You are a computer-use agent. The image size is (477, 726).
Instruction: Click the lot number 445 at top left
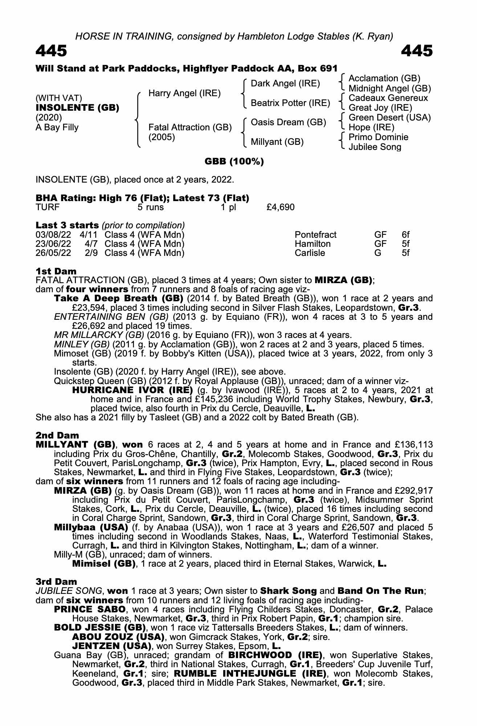51,51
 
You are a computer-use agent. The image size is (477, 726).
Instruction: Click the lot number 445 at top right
417,51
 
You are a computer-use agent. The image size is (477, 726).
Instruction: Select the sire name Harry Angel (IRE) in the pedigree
184,93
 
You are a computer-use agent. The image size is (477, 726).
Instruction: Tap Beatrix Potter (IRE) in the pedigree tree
290,103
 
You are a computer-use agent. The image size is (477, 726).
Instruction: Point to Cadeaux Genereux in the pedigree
388,98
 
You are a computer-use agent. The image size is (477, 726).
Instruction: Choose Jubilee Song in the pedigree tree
375,147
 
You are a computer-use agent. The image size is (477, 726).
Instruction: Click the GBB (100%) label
234,162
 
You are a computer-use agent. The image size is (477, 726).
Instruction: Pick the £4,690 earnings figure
280,207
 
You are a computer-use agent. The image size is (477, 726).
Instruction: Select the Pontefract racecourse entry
315,235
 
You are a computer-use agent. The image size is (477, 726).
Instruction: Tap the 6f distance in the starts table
405,235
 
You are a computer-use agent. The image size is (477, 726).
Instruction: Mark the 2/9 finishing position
91,253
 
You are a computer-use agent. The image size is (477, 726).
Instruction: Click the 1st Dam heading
56,271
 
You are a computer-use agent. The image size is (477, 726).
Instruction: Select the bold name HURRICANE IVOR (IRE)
132,390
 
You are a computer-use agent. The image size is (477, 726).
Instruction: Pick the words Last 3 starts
67,225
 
